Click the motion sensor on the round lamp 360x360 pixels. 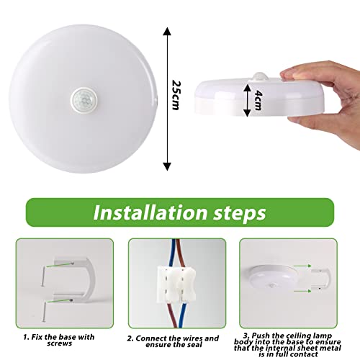click(84, 100)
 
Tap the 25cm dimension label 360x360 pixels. click(176, 95)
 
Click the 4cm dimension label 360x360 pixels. click(258, 100)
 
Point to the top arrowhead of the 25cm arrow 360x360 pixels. click(167, 32)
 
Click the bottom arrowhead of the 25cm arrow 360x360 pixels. click(167, 166)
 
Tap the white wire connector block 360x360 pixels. click(176, 284)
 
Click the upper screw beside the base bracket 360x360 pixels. click(43, 276)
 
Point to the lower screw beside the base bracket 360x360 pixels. click(44, 312)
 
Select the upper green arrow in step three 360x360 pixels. click(302, 266)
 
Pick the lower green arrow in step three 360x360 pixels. click(302, 291)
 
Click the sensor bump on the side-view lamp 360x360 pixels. click(260, 76)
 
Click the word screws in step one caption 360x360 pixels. click(59, 343)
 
